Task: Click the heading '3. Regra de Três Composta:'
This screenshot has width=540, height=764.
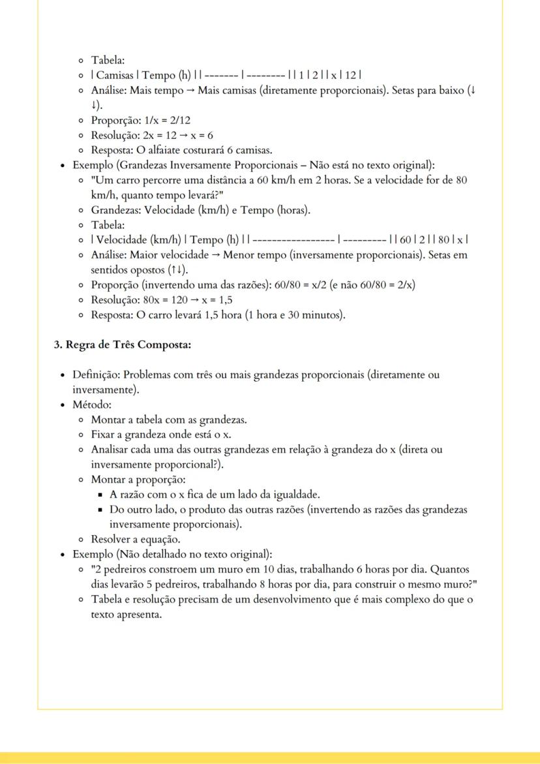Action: [x=122, y=345]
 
